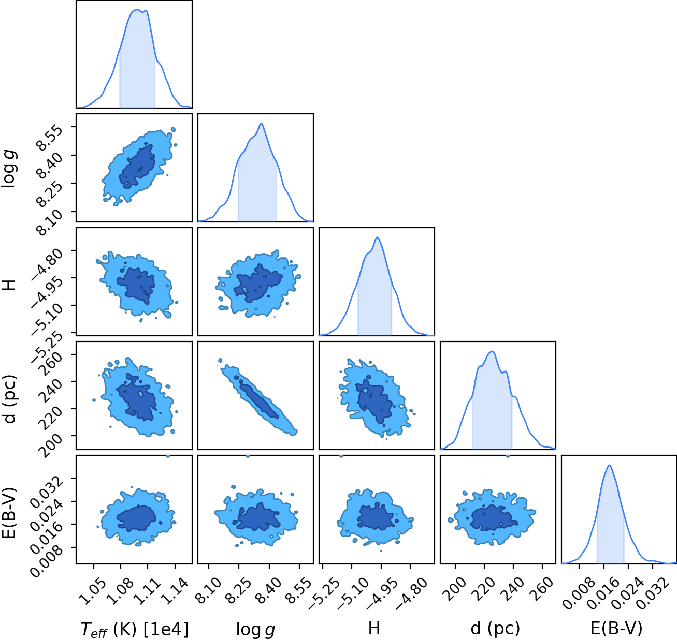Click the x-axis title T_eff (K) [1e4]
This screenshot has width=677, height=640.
tap(135, 629)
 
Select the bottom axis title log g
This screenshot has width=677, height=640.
tap(255, 630)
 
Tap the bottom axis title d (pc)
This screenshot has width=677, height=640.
tap(495, 629)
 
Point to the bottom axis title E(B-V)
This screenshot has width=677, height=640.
tap(616, 629)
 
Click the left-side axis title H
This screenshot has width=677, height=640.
tap(9, 285)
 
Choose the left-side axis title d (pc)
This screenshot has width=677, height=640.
tap(10, 398)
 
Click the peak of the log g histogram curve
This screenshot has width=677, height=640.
tap(262, 124)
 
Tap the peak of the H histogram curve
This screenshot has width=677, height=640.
tap(378, 237)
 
